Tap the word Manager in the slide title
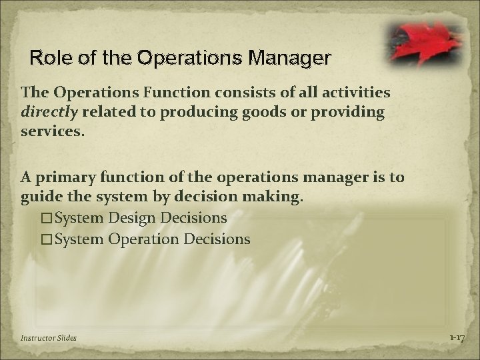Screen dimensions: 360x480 point(292,58)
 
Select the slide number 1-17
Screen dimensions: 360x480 point(457,338)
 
